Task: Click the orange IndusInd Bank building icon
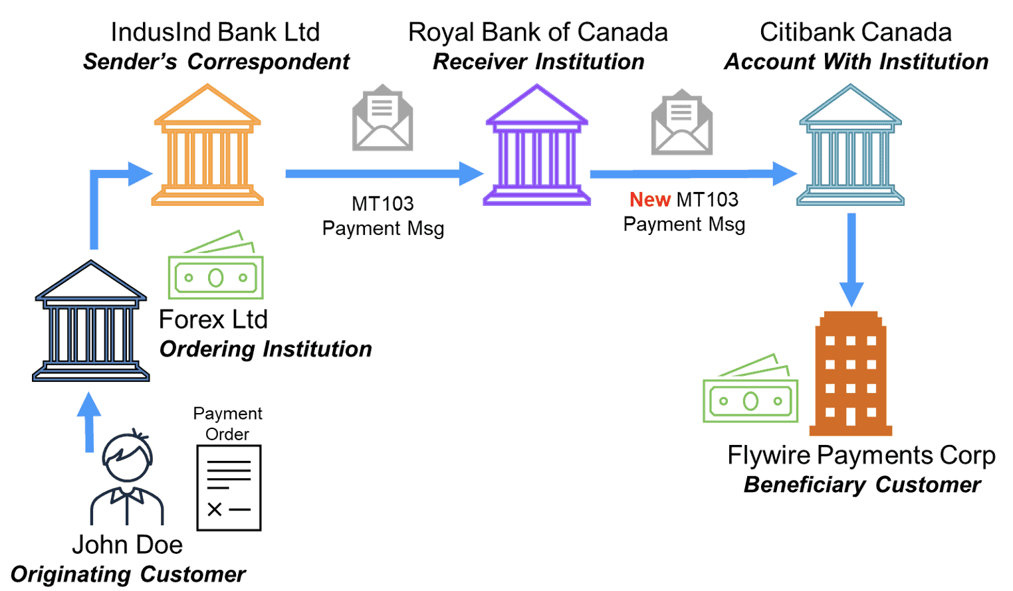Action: (x=207, y=146)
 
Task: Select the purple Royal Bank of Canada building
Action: (x=536, y=146)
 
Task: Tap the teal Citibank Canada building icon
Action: (x=850, y=146)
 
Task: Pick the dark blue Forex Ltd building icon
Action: (x=91, y=322)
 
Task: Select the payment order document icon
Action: (x=229, y=488)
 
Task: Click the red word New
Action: (x=649, y=200)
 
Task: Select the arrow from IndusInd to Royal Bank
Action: (x=382, y=174)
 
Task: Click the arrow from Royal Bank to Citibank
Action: (x=691, y=174)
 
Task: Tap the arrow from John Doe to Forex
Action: (x=89, y=422)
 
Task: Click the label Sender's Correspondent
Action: (x=216, y=62)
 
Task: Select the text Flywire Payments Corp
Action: (x=861, y=456)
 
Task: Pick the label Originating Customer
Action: (x=128, y=574)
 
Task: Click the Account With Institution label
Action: (x=856, y=62)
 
